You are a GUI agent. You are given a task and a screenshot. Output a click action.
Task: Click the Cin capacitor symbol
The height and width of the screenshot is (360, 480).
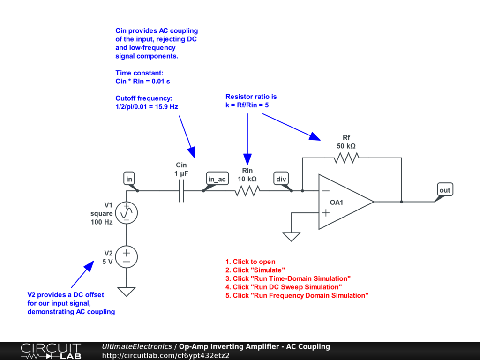click(x=181, y=191)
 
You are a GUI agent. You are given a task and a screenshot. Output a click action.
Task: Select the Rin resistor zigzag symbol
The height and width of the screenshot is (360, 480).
click(x=247, y=191)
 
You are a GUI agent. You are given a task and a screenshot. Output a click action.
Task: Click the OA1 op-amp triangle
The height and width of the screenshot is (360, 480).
click(x=345, y=202)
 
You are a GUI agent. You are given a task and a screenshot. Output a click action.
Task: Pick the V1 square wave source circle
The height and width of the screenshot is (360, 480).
click(x=126, y=213)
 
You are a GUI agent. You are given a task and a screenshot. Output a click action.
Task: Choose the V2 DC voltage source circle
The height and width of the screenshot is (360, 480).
click(x=126, y=257)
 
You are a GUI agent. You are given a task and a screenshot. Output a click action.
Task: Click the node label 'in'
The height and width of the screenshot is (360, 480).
click(x=129, y=179)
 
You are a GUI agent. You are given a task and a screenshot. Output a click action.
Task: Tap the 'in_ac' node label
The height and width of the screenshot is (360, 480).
click(x=217, y=179)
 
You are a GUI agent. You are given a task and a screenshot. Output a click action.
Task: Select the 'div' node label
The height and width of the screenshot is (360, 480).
click(x=281, y=179)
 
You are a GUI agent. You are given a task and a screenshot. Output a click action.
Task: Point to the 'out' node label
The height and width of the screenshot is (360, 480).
click(x=444, y=190)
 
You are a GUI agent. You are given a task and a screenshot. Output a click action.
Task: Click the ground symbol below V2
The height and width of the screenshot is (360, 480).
click(x=126, y=292)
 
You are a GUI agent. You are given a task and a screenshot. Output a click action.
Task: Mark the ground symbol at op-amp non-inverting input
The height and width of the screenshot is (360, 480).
click(x=292, y=236)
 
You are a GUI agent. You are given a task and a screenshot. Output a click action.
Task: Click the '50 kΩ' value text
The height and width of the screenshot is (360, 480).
click(x=346, y=146)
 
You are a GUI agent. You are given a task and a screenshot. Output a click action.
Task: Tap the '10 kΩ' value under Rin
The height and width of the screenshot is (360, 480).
click(x=247, y=179)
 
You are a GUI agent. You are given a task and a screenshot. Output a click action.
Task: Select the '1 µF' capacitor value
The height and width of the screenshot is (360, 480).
click(x=181, y=173)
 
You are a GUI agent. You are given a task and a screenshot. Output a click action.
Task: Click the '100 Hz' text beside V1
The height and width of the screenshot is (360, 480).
click(x=102, y=222)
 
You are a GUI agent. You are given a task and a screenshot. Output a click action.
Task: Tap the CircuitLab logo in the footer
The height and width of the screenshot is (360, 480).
click(x=51, y=351)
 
